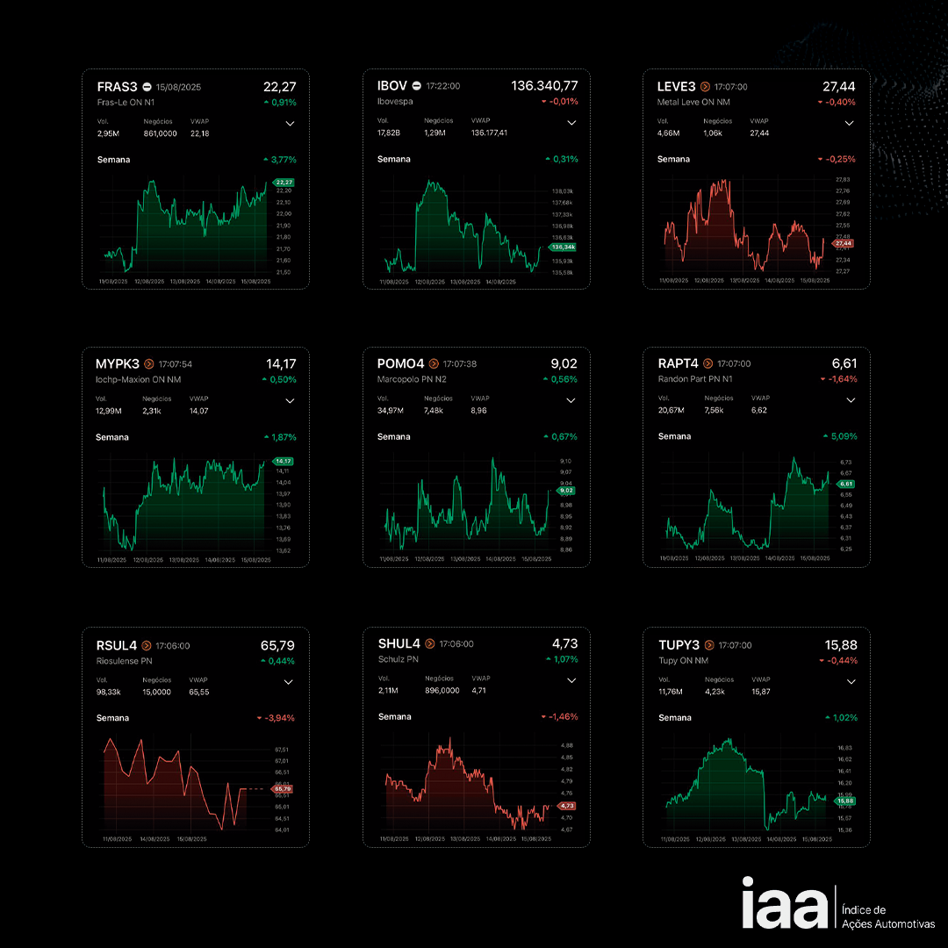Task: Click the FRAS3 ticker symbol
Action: click(x=117, y=87)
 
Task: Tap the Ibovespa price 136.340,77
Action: click(x=544, y=86)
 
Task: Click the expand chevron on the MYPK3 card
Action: click(x=290, y=401)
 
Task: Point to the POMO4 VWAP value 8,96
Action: click(x=479, y=410)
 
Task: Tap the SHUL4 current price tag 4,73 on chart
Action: click(x=566, y=805)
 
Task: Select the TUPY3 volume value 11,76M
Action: click(x=671, y=691)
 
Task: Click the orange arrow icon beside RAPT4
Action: click(x=707, y=363)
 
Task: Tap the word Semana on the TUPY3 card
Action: click(x=674, y=718)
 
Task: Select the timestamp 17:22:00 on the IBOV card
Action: click(x=443, y=86)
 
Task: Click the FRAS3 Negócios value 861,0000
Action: click(x=160, y=133)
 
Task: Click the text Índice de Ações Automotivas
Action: click(x=887, y=916)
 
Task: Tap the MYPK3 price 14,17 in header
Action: click(x=281, y=363)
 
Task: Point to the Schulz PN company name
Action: click(x=399, y=659)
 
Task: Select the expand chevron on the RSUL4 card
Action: click(x=290, y=682)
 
